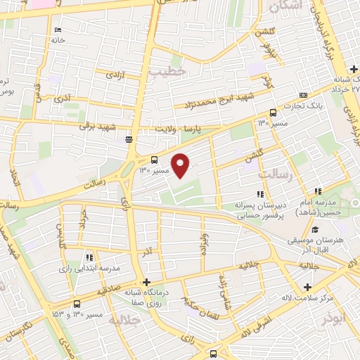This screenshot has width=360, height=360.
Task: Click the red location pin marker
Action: (181, 165)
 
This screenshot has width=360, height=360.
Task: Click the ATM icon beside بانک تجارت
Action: (303, 96)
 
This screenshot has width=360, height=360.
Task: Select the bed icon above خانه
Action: (58, 30)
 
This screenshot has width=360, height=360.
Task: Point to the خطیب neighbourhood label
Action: (172, 72)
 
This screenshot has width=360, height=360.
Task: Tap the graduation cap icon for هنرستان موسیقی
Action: (315, 229)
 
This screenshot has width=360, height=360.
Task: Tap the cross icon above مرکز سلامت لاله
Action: (308, 287)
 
